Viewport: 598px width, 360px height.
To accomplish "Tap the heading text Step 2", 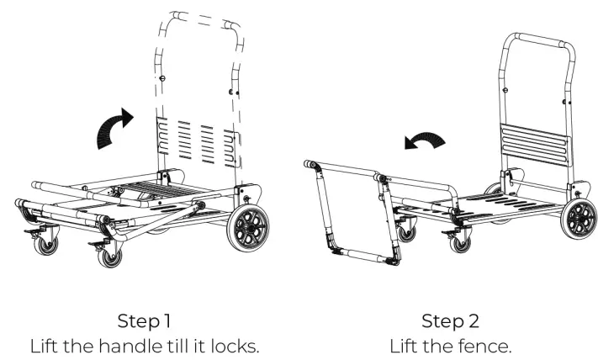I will pyautogui.click(x=450, y=321).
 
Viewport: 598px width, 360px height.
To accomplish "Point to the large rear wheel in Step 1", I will pyautogui.click(x=248, y=228).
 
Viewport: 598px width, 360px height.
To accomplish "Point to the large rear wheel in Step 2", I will pyautogui.click(x=579, y=218).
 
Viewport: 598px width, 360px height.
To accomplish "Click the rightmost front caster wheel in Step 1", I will pyautogui.click(x=109, y=255).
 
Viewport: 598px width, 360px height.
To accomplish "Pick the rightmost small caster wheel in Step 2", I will pyautogui.click(x=461, y=243).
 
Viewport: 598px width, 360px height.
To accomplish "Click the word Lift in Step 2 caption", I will pyautogui.click(x=405, y=345).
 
